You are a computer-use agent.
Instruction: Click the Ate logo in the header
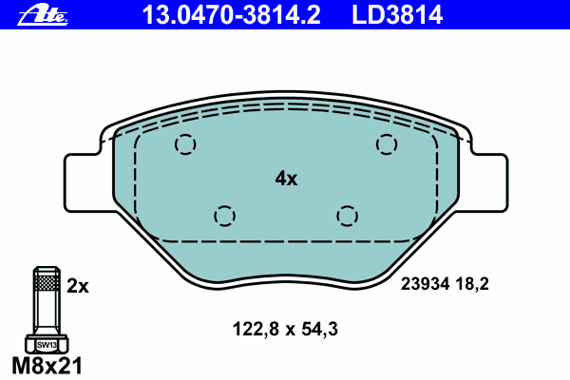[43, 15]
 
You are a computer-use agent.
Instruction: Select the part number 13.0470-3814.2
[231, 15]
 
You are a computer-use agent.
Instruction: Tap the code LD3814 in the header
[397, 15]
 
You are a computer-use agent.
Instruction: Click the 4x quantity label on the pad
[286, 179]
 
